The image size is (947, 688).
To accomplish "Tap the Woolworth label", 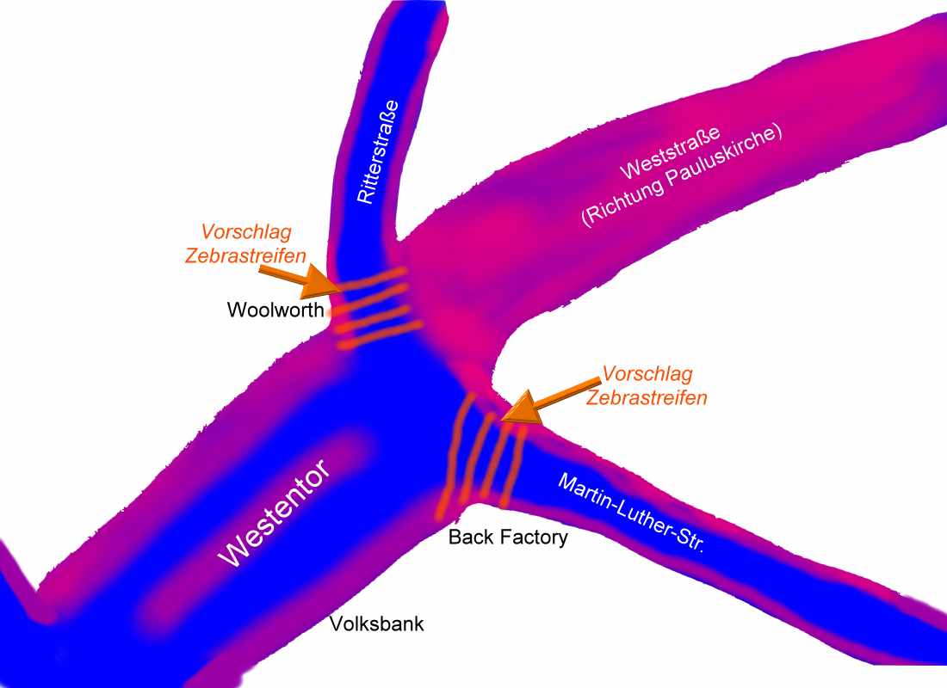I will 275,310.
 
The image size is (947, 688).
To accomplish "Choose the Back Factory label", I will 509,537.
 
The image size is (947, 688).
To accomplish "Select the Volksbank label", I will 378,623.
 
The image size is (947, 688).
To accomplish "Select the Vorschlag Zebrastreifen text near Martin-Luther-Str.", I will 647,386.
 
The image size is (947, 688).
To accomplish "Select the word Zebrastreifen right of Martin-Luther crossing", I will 647,397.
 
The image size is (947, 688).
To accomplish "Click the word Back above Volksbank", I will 469,537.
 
